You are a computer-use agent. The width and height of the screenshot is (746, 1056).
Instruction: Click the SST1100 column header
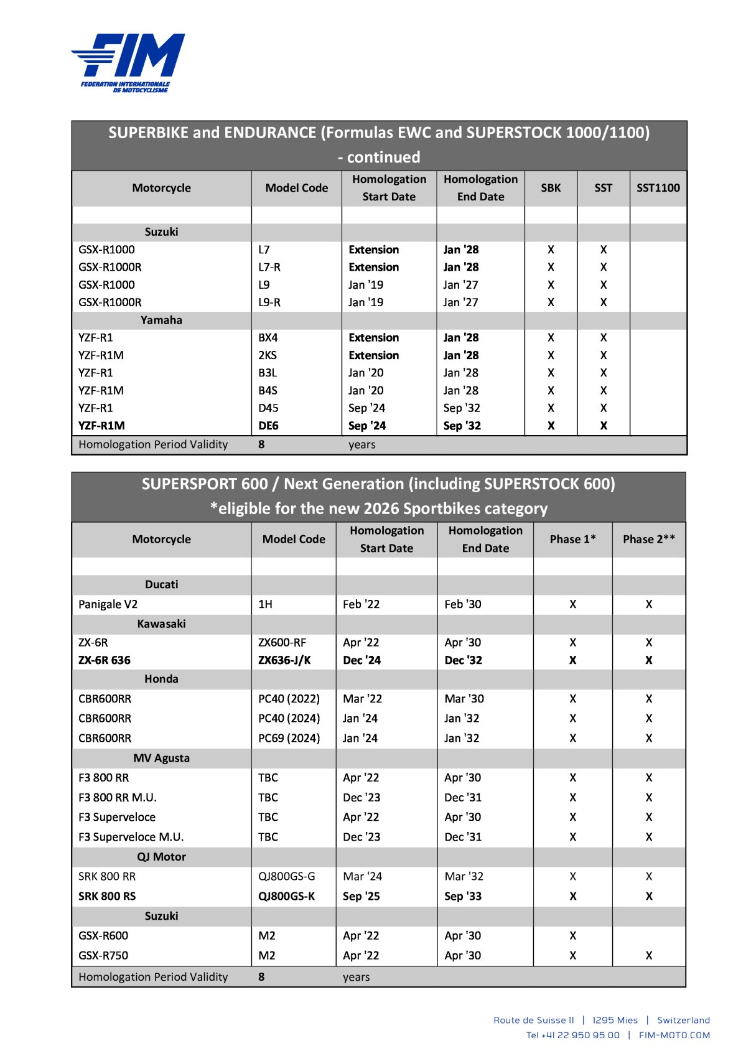click(658, 188)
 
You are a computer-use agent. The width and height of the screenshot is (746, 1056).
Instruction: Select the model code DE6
click(268, 426)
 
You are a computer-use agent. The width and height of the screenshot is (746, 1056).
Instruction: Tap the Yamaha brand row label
click(161, 320)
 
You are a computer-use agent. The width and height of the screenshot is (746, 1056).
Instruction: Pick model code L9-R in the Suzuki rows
click(269, 302)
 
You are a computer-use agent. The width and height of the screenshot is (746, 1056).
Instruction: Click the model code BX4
click(268, 337)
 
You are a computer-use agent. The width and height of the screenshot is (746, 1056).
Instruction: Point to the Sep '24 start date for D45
click(366, 408)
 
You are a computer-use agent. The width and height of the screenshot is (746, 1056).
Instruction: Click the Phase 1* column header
click(572, 540)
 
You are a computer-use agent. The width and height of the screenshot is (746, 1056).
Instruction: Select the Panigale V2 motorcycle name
click(108, 604)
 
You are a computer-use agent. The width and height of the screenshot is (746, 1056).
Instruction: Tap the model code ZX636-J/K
click(284, 660)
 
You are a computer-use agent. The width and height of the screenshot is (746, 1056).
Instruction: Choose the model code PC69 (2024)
click(289, 738)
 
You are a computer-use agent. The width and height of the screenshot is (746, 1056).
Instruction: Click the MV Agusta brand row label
click(161, 758)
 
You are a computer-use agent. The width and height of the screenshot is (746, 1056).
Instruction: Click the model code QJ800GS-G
click(286, 876)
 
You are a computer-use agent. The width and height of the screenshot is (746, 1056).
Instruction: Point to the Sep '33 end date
click(463, 896)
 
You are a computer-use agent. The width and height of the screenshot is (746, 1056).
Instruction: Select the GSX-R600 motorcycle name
click(103, 935)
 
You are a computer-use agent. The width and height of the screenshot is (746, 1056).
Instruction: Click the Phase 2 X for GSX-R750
click(648, 955)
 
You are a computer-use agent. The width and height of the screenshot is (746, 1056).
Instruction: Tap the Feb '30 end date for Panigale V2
click(463, 604)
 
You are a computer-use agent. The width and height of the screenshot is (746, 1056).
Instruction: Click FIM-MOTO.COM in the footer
click(674, 1035)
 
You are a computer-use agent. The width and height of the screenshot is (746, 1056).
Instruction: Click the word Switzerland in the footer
click(683, 1020)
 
